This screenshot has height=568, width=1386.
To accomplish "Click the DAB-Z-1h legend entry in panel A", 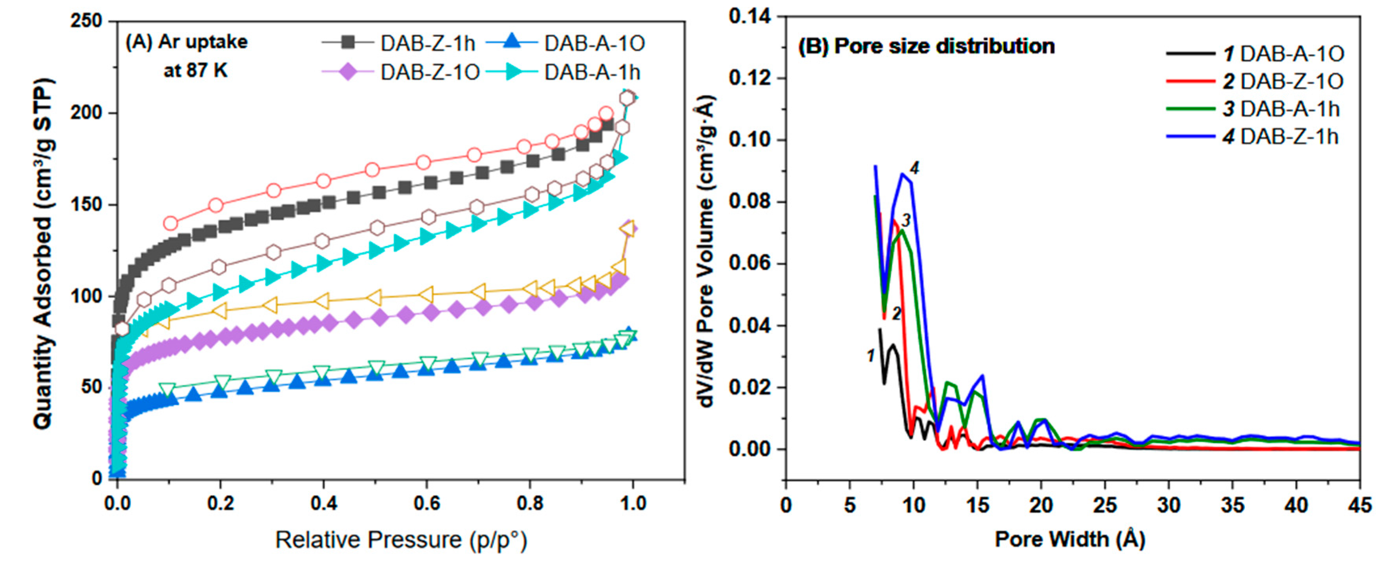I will [x=427, y=44].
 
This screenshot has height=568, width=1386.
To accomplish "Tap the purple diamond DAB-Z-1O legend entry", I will [x=429, y=72].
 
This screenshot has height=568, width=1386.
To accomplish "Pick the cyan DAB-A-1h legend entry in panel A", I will [x=592, y=72].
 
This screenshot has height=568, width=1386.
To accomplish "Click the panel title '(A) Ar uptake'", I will [x=186, y=42].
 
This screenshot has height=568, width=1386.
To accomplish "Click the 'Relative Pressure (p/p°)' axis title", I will [x=401, y=539].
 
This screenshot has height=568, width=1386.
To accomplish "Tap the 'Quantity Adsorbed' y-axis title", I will [x=43, y=253].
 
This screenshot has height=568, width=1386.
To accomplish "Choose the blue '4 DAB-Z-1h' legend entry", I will [x=1280, y=137].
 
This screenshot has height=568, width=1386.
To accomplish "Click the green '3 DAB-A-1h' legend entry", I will [x=1280, y=109].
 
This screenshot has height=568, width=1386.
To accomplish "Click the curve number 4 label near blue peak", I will [x=914, y=168].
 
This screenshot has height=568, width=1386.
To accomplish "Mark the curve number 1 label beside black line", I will [x=870, y=355].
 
